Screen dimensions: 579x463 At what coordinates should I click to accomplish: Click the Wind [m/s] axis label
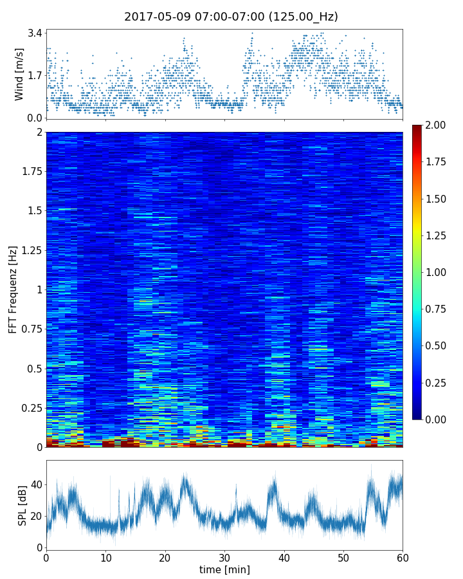tap(19, 73)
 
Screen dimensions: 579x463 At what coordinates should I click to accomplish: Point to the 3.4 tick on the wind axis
tap(35, 32)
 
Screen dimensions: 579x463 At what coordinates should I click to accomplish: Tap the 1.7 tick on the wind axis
tap(35, 75)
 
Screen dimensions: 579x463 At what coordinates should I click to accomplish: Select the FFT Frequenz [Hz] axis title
tap(13, 289)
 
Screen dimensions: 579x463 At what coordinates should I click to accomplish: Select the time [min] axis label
tap(224, 569)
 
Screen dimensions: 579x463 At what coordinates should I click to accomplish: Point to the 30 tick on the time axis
tap(224, 557)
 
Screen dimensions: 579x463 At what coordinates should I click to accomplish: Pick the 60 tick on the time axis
tap(403, 557)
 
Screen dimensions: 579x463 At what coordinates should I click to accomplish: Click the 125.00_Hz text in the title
tap(303, 17)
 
